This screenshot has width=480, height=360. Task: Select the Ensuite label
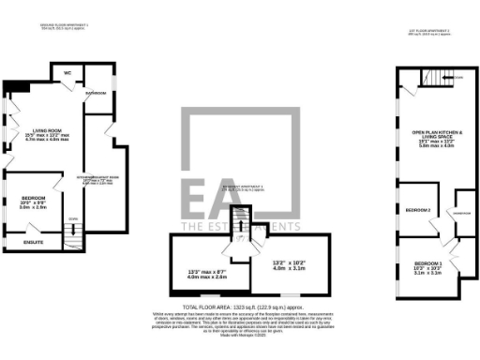pos(35,242)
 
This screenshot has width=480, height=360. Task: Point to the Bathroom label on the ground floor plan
pos(96,94)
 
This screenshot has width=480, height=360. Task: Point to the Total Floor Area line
pos(240,307)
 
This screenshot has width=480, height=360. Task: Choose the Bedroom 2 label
pos(419,211)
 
